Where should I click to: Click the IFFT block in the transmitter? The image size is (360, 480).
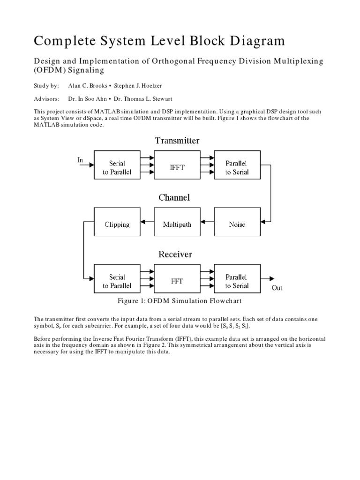click(177, 167)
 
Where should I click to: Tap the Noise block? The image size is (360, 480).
click(237, 224)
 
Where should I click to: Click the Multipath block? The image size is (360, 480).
click(177, 224)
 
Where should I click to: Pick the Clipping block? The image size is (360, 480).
click(117, 224)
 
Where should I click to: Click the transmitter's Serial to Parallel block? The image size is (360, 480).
click(117, 167)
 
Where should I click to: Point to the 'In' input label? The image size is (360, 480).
click(80, 160)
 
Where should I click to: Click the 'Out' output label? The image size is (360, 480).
click(277, 288)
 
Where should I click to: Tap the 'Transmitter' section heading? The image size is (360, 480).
click(177, 141)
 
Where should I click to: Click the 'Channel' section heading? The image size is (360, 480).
click(174, 197)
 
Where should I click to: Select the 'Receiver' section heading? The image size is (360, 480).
click(175, 255)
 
